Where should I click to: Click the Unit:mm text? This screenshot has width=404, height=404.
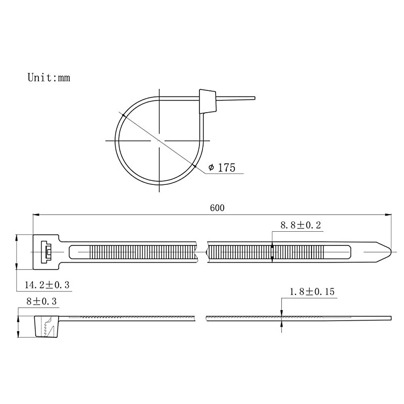coord(48,78)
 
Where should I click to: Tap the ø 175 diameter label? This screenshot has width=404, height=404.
coord(222,168)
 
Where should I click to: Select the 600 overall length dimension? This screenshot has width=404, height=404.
coord(217,208)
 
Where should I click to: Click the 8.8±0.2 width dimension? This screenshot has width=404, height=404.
coord(300,225)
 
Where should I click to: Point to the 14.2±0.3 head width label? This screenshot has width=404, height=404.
coord(47,285)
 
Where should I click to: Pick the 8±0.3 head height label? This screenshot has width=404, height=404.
coord(41,301)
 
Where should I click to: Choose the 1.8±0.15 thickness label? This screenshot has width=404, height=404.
coord(312,292)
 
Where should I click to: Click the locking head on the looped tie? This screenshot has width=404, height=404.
coord(208,102)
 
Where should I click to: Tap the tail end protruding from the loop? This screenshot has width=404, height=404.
coord(236,98)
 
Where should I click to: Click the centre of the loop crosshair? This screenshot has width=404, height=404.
coord(159,141)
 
